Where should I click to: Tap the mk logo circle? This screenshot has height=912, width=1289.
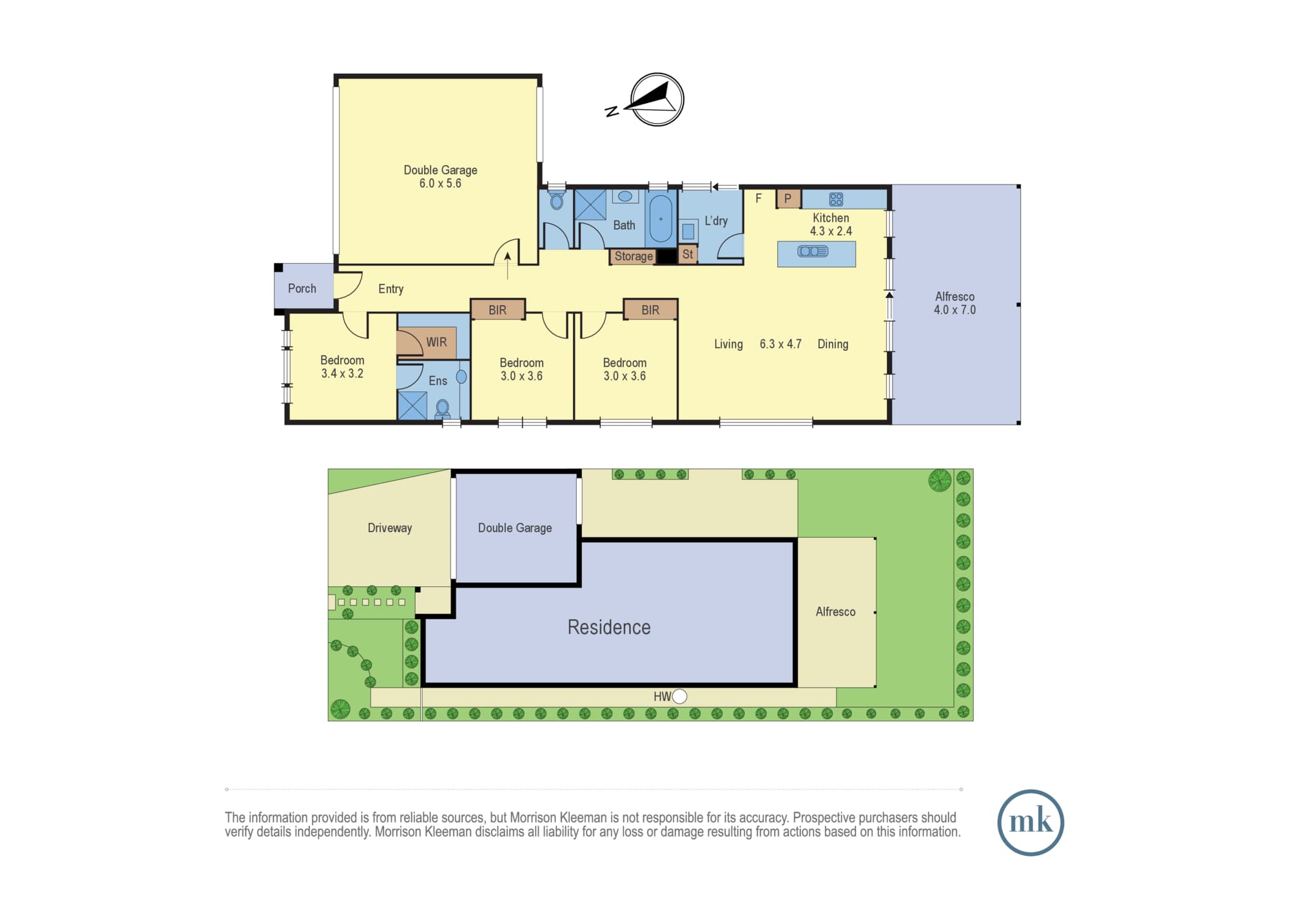pos(1031,822)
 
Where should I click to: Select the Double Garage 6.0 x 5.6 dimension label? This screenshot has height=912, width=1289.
pos(440,183)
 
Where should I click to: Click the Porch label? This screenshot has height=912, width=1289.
pos(302,288)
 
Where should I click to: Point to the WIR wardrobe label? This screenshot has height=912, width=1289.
pos(436,342)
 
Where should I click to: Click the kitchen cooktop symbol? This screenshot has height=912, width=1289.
pos(836,199)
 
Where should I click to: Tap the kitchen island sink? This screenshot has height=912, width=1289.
pos(813,251)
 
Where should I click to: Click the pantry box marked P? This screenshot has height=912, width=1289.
pos(788,199)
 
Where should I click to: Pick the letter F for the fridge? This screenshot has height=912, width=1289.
pos(759,198)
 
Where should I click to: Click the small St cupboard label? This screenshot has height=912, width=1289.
pos(688,254)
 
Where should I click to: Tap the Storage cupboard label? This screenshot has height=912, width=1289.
pos(634,256)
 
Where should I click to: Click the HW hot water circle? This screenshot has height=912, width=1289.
pos(679,696)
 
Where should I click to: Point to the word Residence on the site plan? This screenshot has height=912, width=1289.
pos(608,627)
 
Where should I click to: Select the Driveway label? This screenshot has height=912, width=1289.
pos(389,528)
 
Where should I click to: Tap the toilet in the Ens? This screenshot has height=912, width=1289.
pos(443,408)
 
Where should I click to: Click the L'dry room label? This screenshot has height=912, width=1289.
pos(715,221)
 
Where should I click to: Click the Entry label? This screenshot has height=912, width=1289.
pos(391,289)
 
